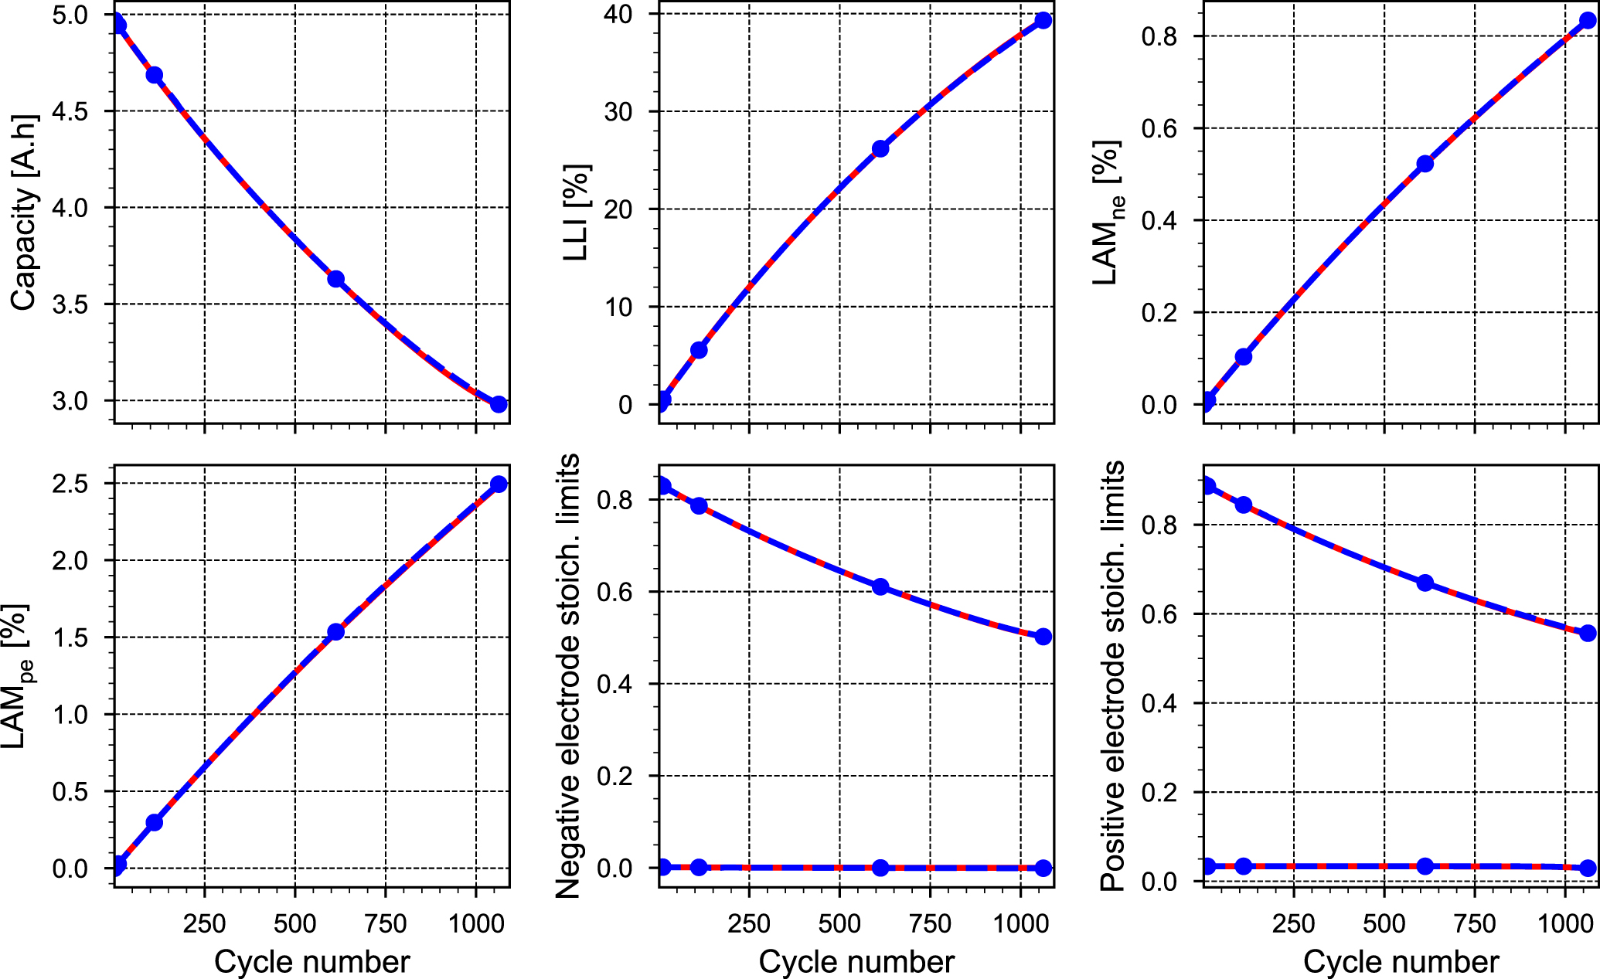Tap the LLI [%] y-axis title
[577, 212]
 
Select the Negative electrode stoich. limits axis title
[568, 676]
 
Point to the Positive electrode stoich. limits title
[1113, 676]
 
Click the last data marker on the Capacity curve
[499, 404]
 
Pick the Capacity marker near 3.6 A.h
[335, 279]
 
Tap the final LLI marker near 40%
[1043, 20]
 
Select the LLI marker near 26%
[880, 148]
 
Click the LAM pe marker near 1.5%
[335, 631]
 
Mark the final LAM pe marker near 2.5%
[499, 484]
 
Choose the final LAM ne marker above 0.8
[1588, 20]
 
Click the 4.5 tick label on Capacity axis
[70, 111]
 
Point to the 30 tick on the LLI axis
[618, 111]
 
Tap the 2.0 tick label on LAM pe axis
[70, 560]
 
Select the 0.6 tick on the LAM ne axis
[1159, 128]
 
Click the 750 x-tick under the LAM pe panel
[385, 923]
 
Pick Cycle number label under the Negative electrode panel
[856, 962]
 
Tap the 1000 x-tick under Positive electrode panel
[1564, 923]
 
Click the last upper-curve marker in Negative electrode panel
[1043, 637]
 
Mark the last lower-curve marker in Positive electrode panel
[1588, 868]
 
